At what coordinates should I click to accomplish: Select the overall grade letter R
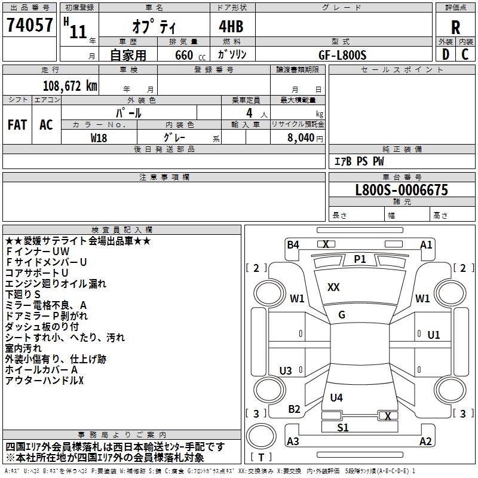(455, 27)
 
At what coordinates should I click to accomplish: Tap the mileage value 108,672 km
(70, 86)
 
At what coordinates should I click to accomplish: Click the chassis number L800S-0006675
(402, 191)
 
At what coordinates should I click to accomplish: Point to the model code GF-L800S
(342, 54)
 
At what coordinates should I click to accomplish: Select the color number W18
(99, 137)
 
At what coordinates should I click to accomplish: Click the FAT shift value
(17, 124)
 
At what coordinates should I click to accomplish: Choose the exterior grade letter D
(445, 54)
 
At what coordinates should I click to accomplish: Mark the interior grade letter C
(465, 54)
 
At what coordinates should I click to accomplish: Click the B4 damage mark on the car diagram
(293, 244)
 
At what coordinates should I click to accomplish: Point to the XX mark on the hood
(333, 287)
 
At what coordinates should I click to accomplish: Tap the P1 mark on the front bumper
(360, 259)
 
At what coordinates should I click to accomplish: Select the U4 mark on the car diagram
(336, 397)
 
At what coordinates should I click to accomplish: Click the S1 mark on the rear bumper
(342, 428)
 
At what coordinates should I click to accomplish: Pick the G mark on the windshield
(342, 315)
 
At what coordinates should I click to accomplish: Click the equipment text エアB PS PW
(358, 161)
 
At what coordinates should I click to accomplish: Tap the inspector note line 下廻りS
(23, 295)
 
